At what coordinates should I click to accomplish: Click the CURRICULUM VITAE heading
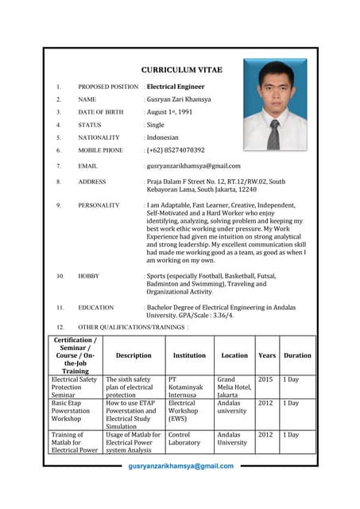click(181, 70)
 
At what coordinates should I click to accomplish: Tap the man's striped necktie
click(274, 134)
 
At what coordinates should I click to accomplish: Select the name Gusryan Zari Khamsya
click(178, 99)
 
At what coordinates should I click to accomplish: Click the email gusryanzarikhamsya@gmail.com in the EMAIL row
click(192, 165)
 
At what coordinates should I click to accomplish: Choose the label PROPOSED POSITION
click(108, 87)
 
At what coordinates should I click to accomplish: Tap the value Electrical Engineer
click(176, 87)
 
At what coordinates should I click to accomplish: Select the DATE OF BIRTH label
click(100, 112)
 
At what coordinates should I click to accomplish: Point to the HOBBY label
click(88, 276)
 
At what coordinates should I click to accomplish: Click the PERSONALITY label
click(99, 205)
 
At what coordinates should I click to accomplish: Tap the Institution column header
click(189, 356)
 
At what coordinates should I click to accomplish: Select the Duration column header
click(297, 356)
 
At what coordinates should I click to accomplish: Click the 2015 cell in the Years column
click(265, 380)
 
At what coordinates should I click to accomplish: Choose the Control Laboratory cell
click(184, 439)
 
